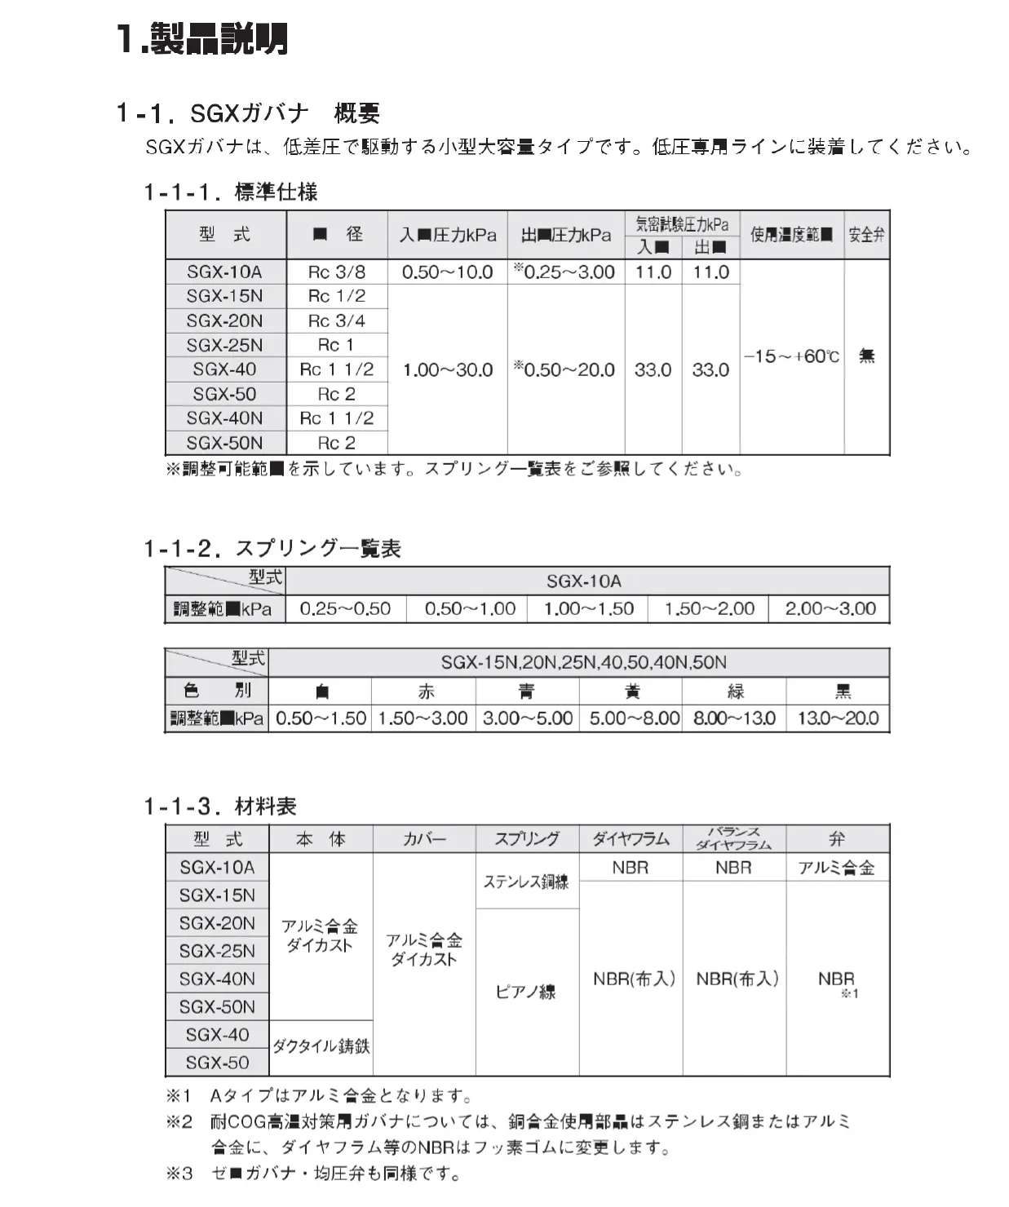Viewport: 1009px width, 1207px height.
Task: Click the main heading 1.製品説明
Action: coord(201,39)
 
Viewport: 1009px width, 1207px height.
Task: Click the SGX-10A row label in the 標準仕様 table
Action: coord(224,272)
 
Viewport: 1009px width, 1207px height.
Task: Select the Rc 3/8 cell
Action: coord(337,272)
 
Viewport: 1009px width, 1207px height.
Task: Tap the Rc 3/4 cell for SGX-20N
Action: coord(337,321)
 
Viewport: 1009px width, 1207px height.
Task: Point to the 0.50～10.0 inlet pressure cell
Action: coord(447,272)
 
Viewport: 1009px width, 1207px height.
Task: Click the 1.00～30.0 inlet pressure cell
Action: coord(447,369)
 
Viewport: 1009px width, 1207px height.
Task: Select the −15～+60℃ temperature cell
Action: coord(791,356)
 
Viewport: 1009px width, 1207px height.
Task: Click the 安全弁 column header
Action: coord(866,235)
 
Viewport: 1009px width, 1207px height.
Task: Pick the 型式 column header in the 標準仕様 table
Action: coord(225,235)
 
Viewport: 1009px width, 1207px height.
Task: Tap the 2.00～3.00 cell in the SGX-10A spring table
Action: coord(830,609)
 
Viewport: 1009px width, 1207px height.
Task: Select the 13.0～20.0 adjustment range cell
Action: coord(838,718)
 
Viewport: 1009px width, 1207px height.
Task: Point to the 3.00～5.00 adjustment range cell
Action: coord(527,718)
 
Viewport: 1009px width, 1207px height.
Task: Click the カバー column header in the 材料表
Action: coord(424,839)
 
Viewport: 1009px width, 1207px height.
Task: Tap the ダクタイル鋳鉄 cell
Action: coord(321,1046)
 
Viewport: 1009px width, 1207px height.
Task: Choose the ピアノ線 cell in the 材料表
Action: coord(526,992)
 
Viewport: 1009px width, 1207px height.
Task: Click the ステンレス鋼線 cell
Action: coord(526,882)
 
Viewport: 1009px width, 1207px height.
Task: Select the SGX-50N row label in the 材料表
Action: coord(217,1007)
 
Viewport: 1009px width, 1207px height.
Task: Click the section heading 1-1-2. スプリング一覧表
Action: coord(272,549)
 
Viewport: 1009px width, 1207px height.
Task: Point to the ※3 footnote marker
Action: coord(179,1174)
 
